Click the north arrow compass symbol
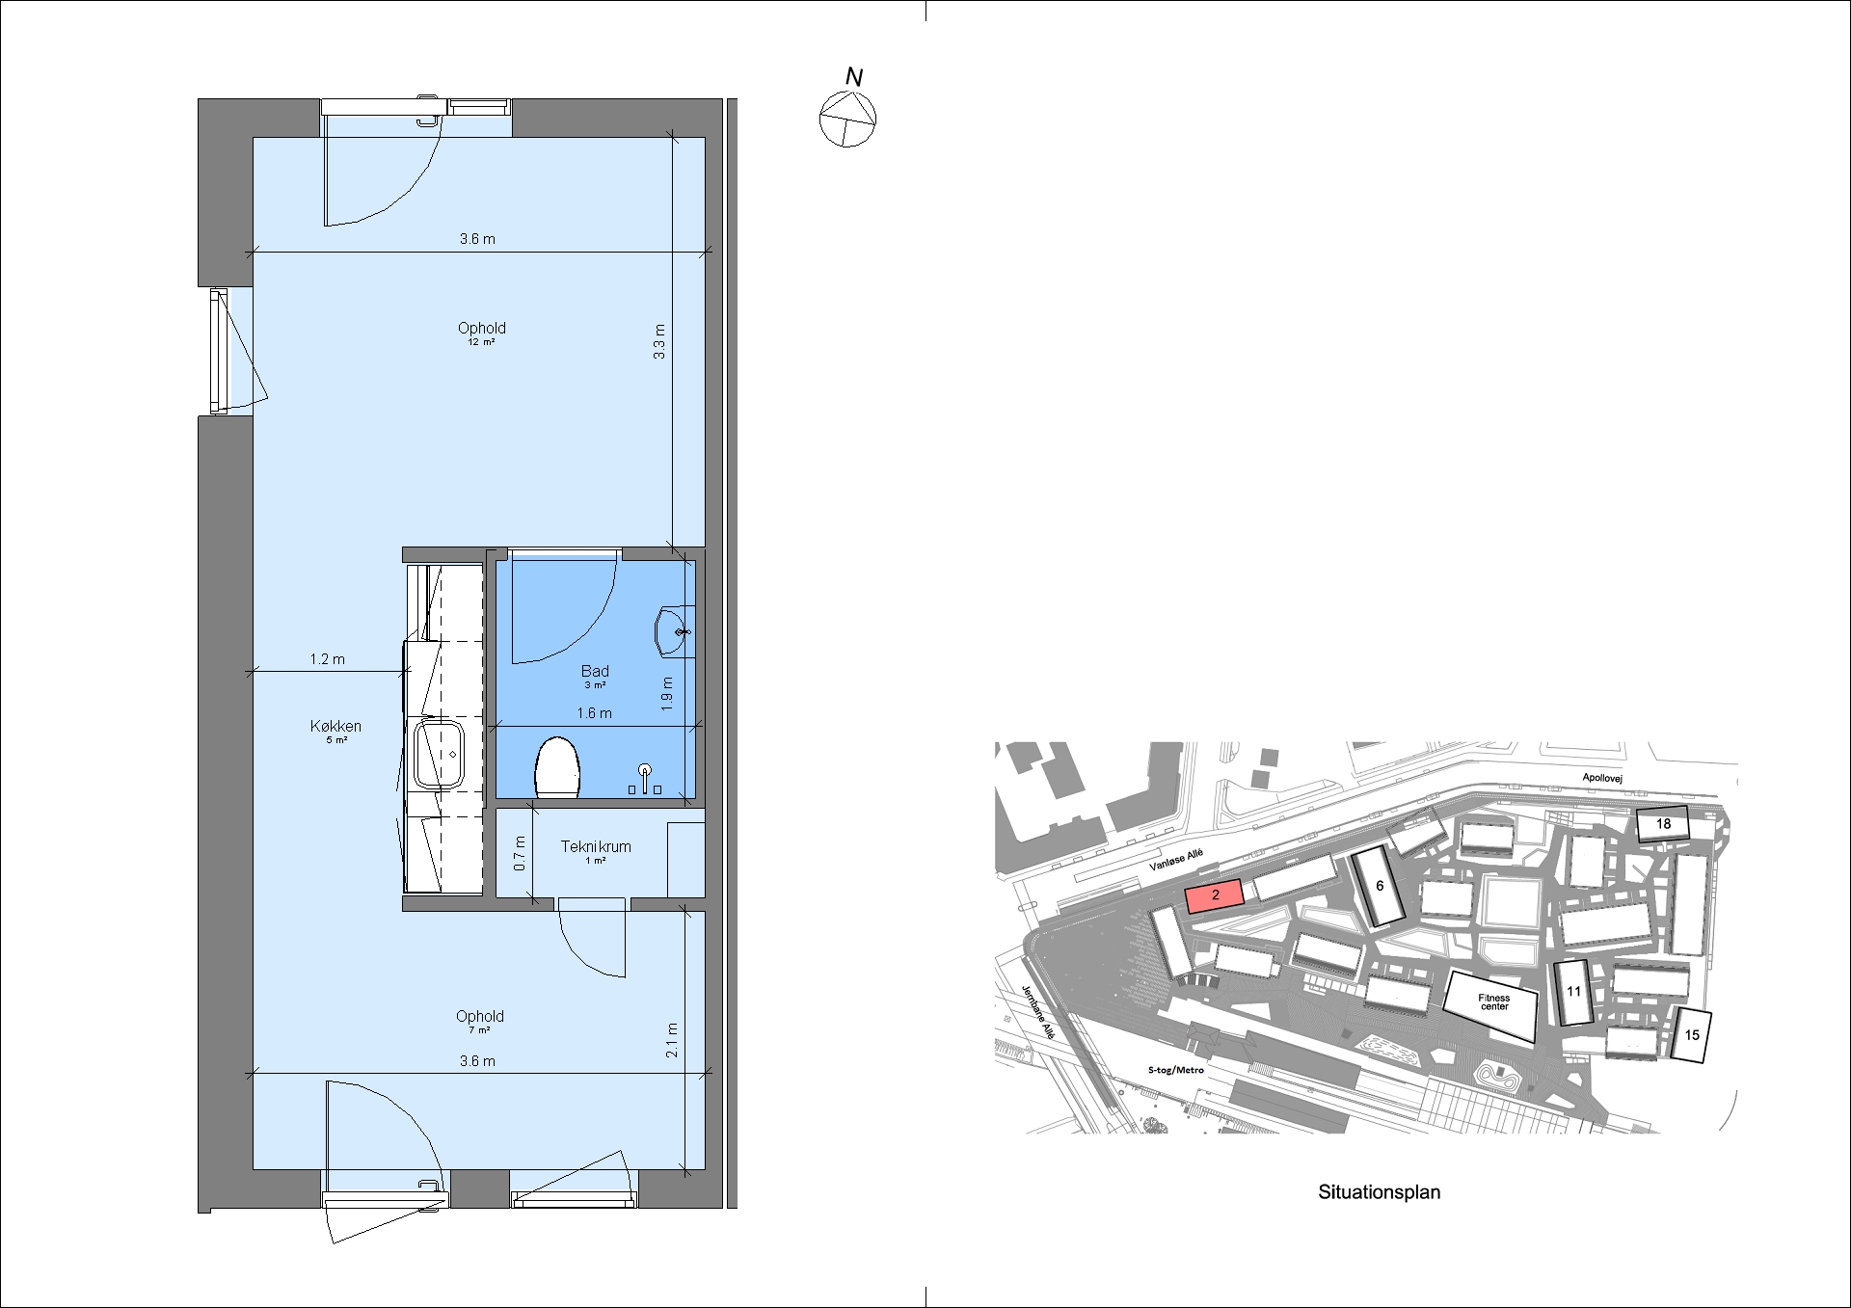click(847, 119)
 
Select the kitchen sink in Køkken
click(440, 755)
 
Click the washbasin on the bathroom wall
click(672, 632)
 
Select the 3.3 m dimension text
click(659, 342)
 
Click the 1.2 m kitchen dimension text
click(327, 659)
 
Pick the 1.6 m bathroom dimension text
click(594, 713)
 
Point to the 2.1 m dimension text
click(672, 1040)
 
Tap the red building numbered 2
click(1215, 896)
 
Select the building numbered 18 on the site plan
click(1663, 824)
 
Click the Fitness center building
click(1490, 1004)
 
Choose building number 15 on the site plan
click(1692, 1035)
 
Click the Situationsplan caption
click(1379, 1192)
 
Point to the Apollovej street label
click(1602, 777)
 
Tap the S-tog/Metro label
click(1176, 1070)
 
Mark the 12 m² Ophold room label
click(481, 334)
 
